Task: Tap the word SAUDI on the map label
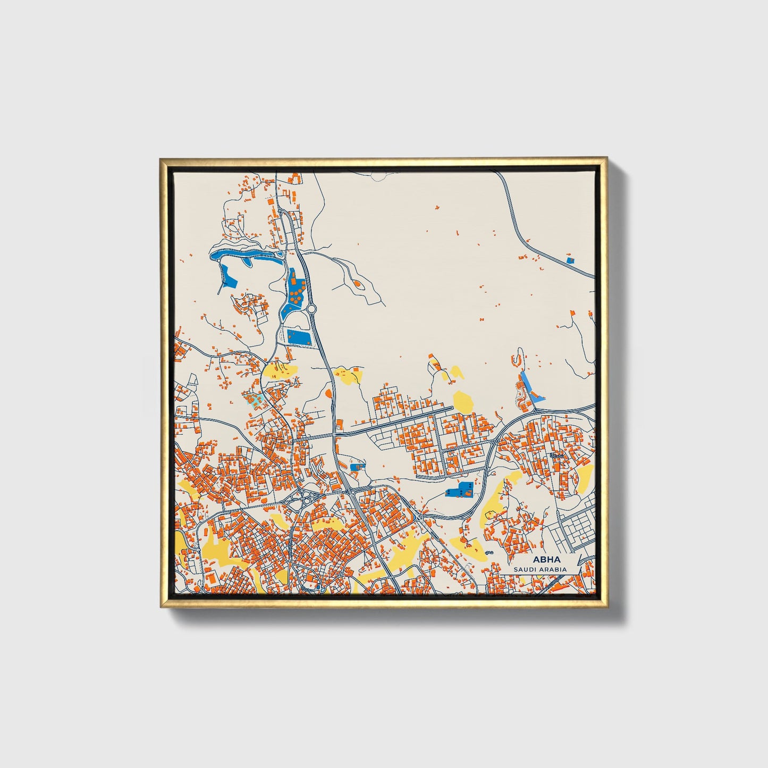pyautogui.click(x=525, y=569)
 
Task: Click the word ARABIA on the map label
pyautogui.click(x=553, y=569)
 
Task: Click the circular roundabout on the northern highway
pyautogui.click(x=311, y=309)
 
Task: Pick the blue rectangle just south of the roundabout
pyautogui.click(x=298, y=336)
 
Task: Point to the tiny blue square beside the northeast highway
pyautogui.click(x=570, y=260)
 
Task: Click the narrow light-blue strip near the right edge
pyautogui.click(x=531, y=386)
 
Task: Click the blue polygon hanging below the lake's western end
pyautogui.click(x=229, y=275)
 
